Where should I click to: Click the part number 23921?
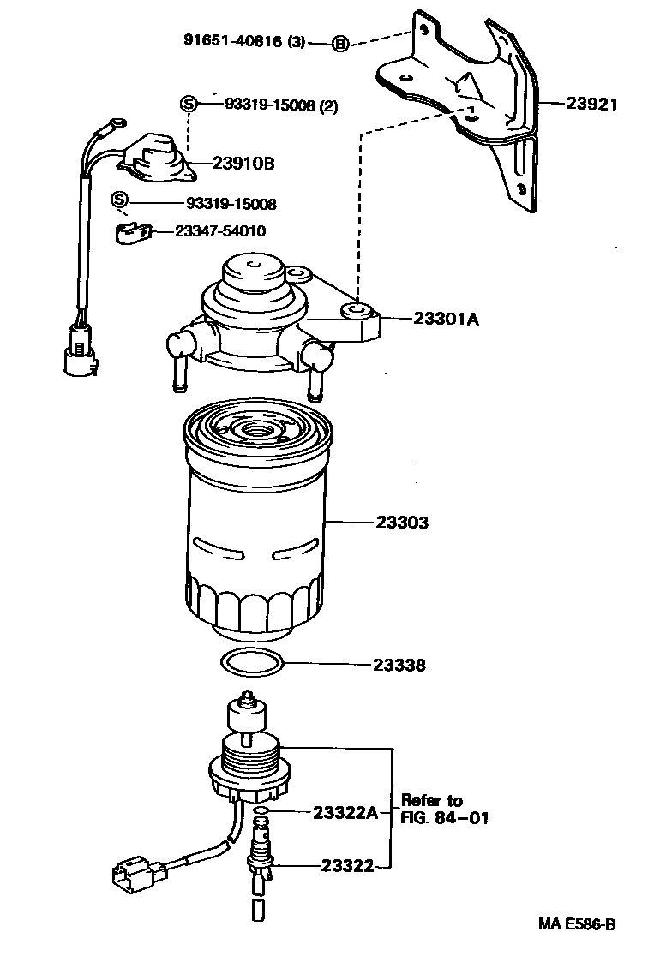(x=591, y=104)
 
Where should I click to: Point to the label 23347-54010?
(x=220, y=231)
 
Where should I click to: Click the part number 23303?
(x=402, y=522)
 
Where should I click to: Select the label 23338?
(x=399, y=665)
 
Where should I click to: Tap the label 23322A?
(x=345, y=812)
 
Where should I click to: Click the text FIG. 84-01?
(x=444, y=817)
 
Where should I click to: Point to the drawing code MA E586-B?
(x=577, y=924)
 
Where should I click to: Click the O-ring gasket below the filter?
(x=251, y=663)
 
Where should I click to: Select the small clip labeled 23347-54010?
(x=133, y=231)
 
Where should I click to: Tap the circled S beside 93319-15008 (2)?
(x=189, y=105)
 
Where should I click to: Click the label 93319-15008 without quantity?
(x=231, y=204)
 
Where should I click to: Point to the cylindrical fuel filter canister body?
(x=255, y=523)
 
